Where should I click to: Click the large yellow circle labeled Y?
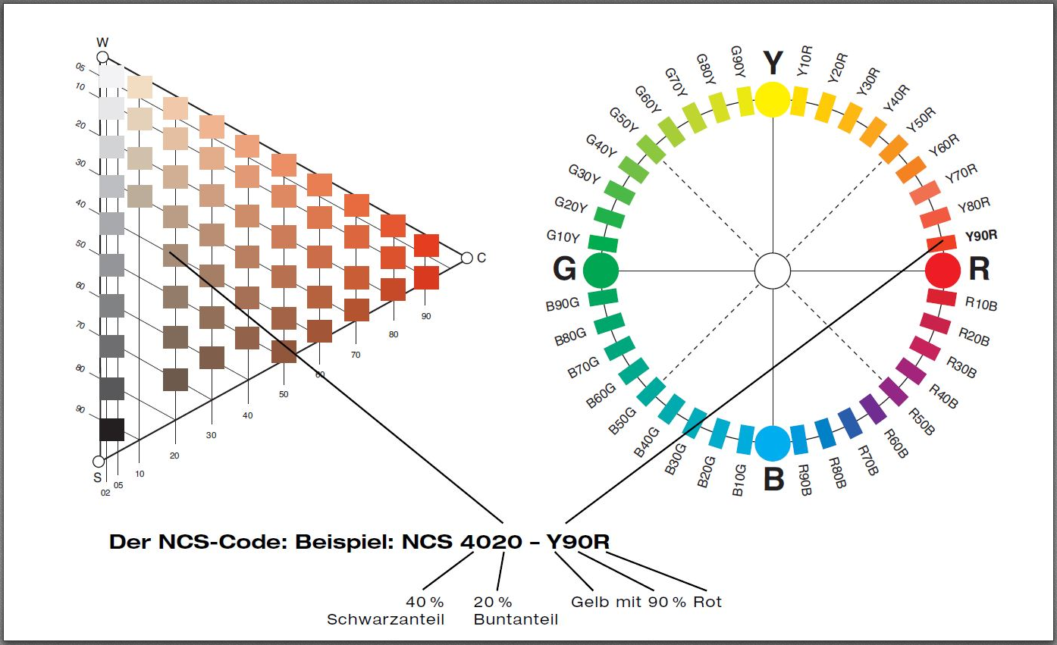coord(773,99)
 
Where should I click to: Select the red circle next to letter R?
coord(943,270)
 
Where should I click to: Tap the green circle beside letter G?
coord(601,270)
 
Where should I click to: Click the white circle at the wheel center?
coord(773,271)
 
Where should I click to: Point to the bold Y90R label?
coord(980,236)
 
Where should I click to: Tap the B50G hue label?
coord(623,421)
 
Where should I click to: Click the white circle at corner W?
coord(103,58)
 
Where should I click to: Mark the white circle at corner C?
coord(466,258)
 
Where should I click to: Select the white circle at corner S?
coord(98,461)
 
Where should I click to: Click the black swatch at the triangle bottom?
coord(111,429)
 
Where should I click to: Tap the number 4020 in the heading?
coord(491,542)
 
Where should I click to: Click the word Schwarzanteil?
coord(385,619)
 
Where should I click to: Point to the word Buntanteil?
coord(516,619)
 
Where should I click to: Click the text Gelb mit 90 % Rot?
coord(646,602)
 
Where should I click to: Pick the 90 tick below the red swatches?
coord(426,316)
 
